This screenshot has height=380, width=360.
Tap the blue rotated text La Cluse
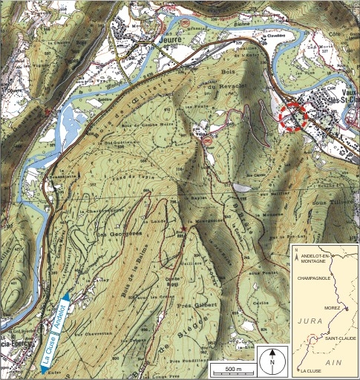48,352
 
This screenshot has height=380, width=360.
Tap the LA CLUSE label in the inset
312,369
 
